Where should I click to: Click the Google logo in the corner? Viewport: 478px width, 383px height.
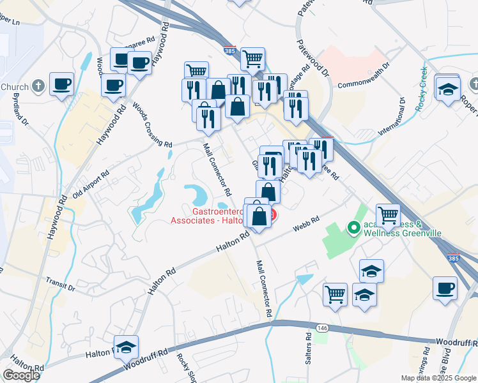pyautogui.click(x=20, y=375)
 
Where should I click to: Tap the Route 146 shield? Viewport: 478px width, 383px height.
pyautogui.click(x=322, y=328)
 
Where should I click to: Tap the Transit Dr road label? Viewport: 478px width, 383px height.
pyautogui.click(x=61, y=284)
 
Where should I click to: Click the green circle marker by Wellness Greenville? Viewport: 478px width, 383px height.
pyautogui.click(x=351, y=227)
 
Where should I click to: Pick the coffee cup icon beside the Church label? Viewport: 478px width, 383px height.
pyautogui.click(x=61, y=84)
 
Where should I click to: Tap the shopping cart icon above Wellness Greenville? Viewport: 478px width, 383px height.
pyautogui.click(x=388, y=216)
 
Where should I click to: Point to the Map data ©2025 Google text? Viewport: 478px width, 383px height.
pyautogui.click(x=438, y=378)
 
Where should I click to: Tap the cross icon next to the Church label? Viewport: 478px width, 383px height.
pyautogui.click(x=38, y=86)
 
